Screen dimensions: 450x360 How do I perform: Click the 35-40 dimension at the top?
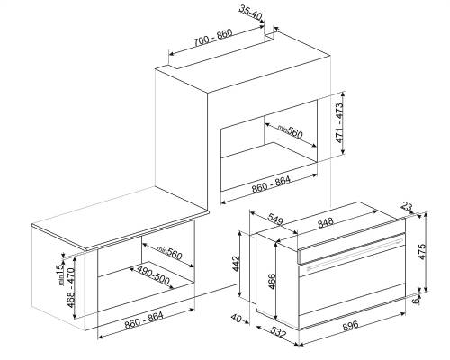pos(250,13)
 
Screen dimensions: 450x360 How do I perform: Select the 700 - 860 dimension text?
pos(212,38)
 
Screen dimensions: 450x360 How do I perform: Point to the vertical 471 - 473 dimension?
pos(338,123)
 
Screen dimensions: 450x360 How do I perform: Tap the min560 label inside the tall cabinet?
pos(290,131)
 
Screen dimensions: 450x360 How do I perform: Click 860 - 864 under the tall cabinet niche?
pos(271,184)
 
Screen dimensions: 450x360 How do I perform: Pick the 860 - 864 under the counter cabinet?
pos(144,319)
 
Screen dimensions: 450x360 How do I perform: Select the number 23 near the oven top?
pos(408,207)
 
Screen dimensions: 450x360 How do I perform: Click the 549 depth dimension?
pos(275,219)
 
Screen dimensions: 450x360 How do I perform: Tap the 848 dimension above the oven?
pos(326,223)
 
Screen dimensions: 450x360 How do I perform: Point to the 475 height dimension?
pos(421,252)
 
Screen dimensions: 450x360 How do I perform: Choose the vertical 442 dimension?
pos(237,264)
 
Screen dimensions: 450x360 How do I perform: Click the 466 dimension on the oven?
pos(272,281)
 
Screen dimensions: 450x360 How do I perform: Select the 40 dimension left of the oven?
pos(237,319)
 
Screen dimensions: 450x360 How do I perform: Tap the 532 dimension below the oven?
pos(278,332)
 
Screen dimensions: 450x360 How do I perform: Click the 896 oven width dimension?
pos(350,325)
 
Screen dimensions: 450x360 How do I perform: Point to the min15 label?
pos(60,274)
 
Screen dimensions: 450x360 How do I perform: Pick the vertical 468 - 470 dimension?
pos(71,287)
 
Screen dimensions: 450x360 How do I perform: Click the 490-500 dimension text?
pos(153,275)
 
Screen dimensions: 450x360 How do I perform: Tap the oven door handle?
pos(355,253)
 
